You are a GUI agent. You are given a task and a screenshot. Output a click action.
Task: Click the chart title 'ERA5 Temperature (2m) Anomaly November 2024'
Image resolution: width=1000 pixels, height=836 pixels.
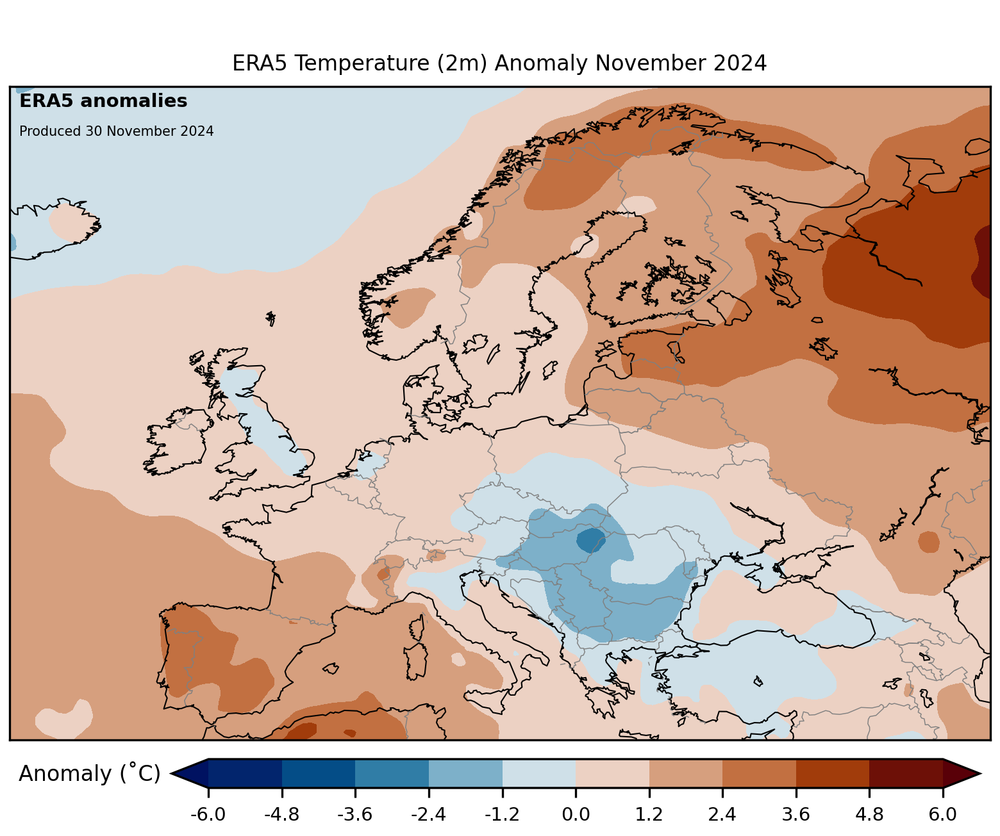pyautogui.click(x=499, y=63)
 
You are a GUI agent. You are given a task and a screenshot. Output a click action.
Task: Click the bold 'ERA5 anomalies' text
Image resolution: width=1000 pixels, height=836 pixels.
pyautogui.click(x=103, y=101)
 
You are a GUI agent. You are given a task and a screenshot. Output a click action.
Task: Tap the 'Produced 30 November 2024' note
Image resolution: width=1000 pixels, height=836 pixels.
pyautogui.click(x=116, y=131)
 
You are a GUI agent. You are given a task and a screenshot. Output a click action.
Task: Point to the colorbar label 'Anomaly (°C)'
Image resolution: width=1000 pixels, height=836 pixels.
pyautogui.click(x=89, y=774)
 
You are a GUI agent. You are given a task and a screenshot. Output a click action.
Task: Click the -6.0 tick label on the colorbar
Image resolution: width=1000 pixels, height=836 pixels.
pyautogui.click(x=208, y=814)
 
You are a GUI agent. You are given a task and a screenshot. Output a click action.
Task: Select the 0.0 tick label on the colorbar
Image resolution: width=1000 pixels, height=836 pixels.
pyautogui.click(x=576, y=814)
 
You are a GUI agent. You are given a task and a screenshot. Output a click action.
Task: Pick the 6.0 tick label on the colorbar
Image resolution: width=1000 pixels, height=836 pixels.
pyautogui.click(x=942, y=814)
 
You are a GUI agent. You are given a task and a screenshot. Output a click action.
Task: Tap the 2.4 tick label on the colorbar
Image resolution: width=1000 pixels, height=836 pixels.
pyautogui.click(x=722, y=814)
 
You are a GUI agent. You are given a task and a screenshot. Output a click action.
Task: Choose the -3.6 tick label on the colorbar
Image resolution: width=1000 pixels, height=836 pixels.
pyautogui.click(x=355, y=814)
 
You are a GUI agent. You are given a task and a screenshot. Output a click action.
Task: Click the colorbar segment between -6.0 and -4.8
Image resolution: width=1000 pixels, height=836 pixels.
pyautogui.click(x=245, y=773)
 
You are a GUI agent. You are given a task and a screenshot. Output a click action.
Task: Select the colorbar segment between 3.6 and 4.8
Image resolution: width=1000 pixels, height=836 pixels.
pyautogui.click(x=832, y=773)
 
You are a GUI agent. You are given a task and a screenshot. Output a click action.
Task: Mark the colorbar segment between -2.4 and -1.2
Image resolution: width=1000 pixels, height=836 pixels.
pyautogui.click(x=465, y=773)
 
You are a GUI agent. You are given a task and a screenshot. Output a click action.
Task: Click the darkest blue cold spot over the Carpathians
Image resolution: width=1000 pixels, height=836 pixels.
pyautogui.click(x=590, y=541)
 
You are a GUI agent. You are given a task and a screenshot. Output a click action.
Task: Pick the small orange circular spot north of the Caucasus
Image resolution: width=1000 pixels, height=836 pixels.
pyautogui.click(x=928, y=542)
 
